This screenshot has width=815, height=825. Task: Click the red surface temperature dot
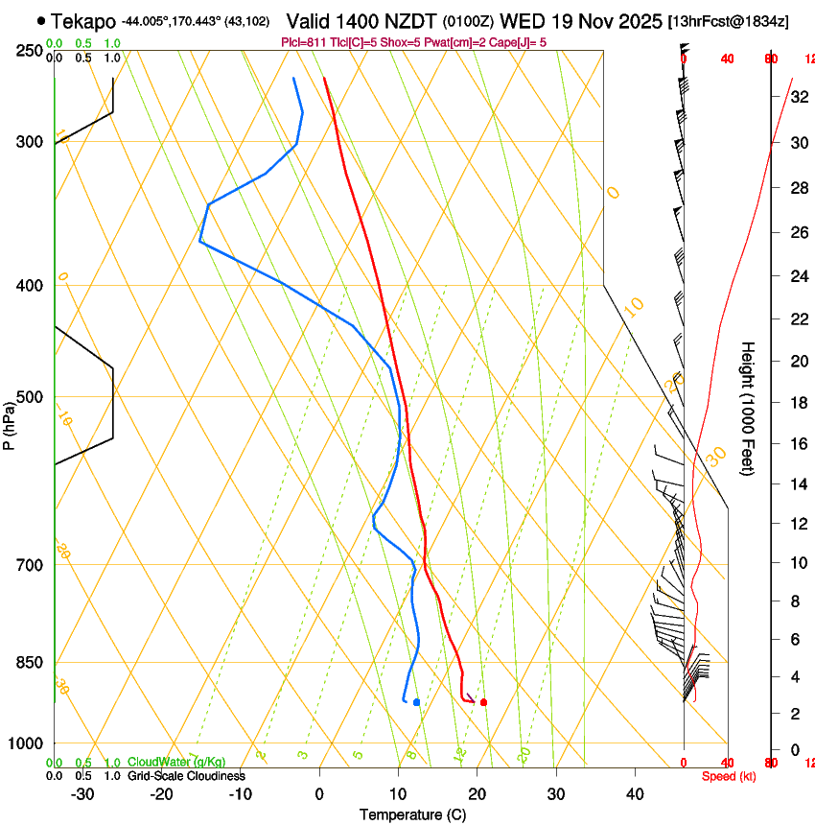[483, 702]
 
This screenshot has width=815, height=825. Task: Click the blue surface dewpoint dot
[416, 702]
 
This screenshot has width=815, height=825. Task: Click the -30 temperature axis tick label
[82, 794]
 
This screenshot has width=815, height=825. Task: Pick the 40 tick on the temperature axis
[635, 794]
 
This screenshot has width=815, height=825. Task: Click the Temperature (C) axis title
[412, 814]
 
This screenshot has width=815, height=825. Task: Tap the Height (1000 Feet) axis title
[748, 409]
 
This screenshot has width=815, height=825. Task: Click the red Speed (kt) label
[729, 776]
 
